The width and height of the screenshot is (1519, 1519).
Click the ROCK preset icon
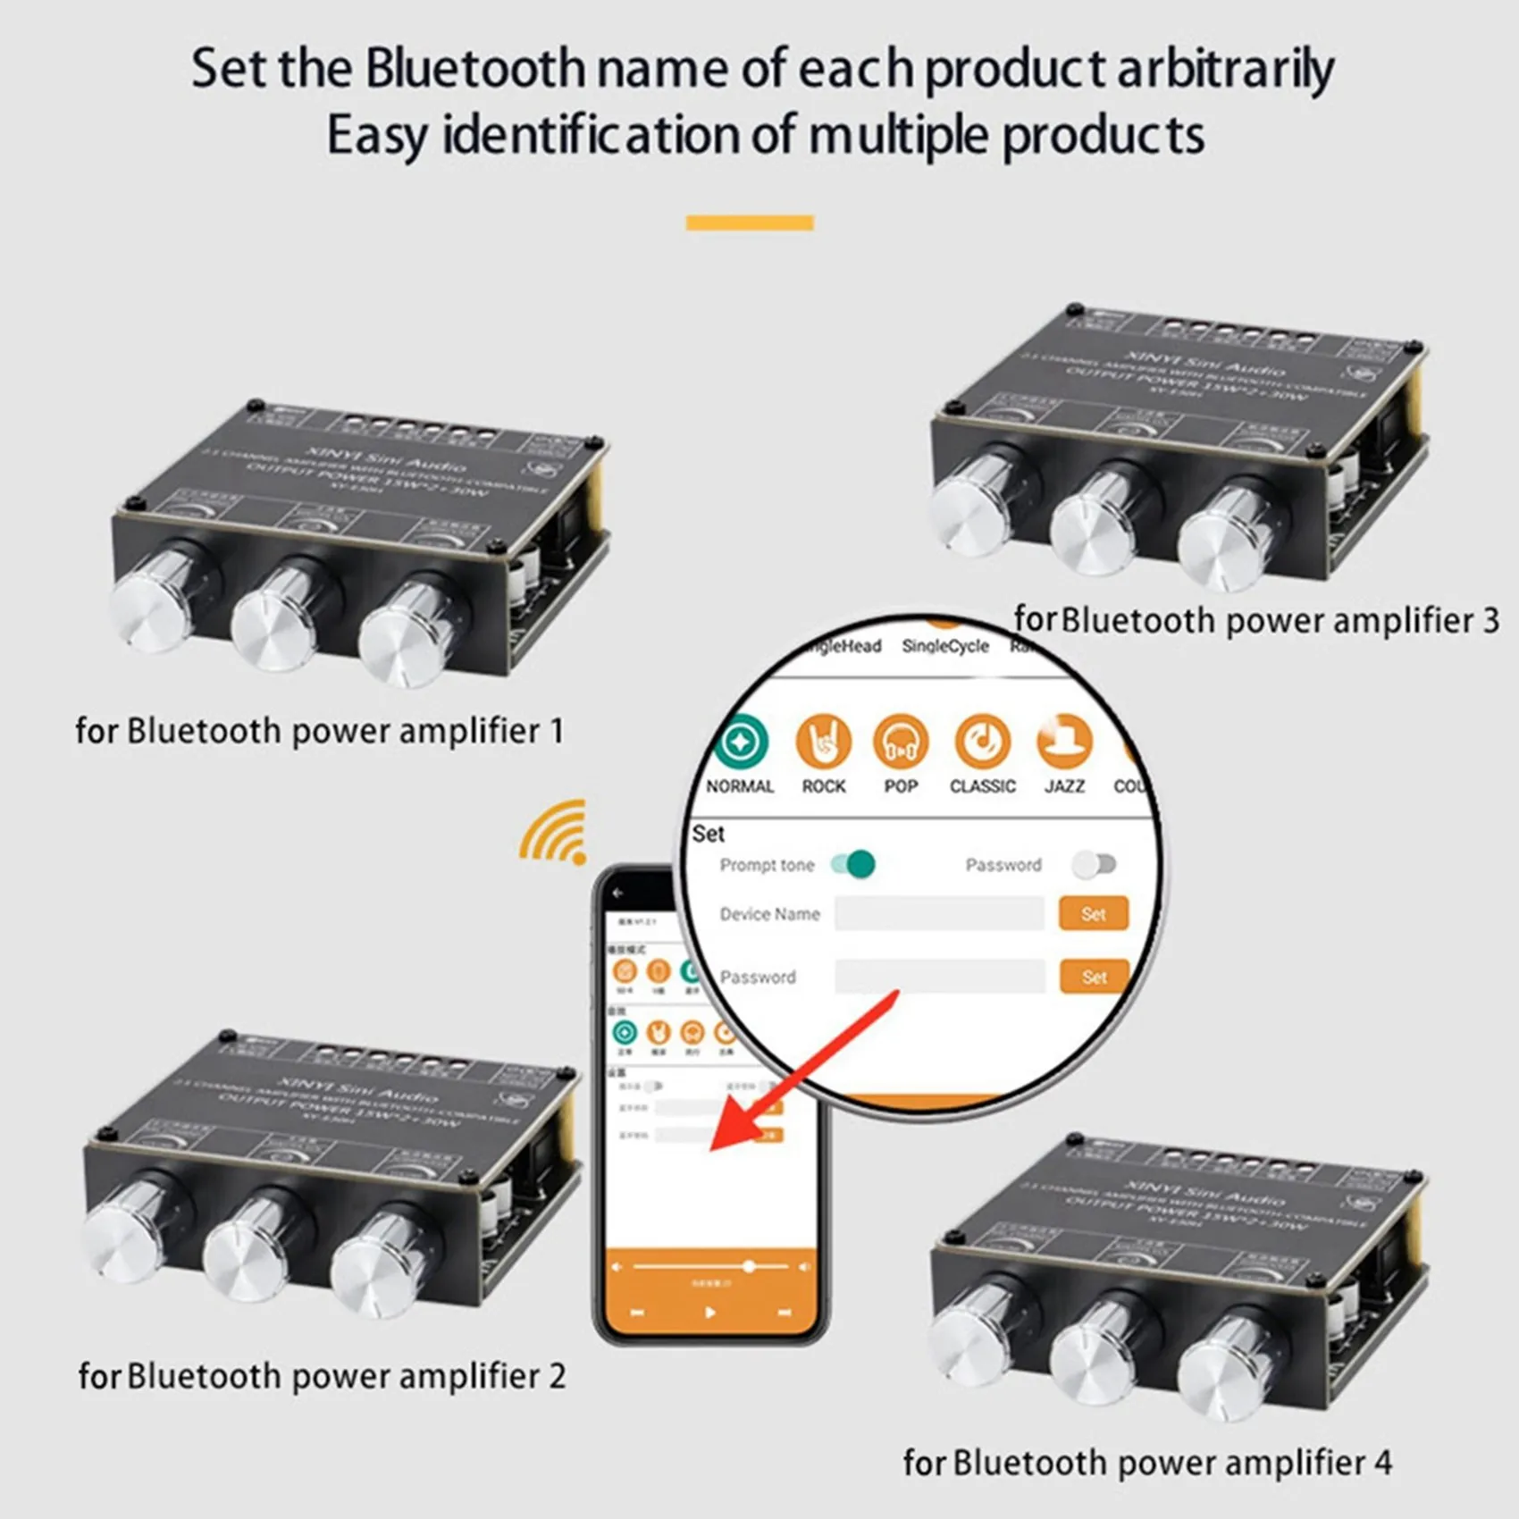click(823, 742)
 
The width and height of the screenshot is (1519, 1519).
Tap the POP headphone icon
click(901, 742)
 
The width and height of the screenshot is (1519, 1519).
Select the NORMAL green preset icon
click(740, 742)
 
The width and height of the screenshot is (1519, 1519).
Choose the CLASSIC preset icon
click(982, 742)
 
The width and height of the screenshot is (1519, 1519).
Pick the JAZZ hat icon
click(1064, 742)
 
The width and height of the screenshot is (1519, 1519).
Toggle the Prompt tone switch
click(853, 864)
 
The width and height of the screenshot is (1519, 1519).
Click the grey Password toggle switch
click(1095, 864)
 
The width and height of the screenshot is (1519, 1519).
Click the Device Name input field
click(939, 913)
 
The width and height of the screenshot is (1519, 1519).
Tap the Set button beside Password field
click(1094, 977)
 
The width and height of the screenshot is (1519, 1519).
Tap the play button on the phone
click(709, 1313)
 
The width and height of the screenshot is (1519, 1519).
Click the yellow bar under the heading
click(750, 222)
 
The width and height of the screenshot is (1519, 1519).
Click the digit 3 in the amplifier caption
click(1490, 620)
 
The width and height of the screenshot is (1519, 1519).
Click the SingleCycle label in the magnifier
click(944, 646)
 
